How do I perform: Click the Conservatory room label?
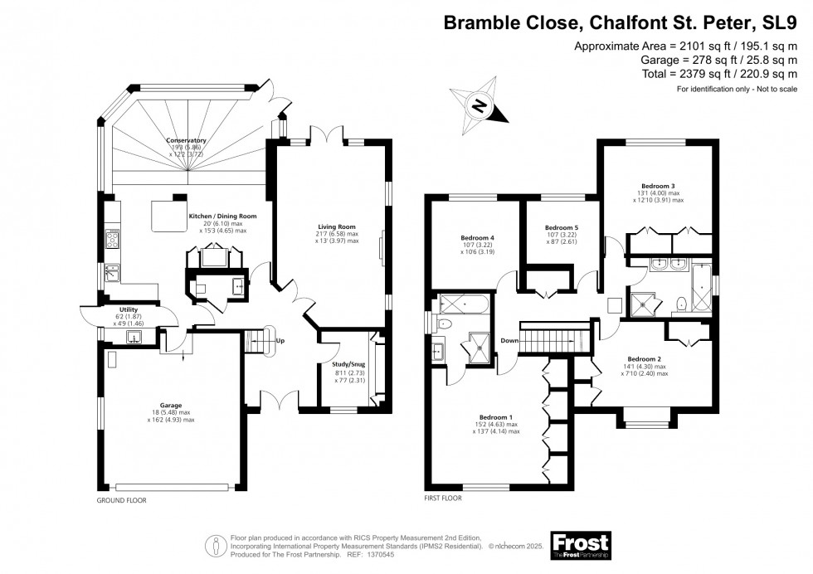click(185, 140)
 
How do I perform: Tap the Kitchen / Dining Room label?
click(222, 216)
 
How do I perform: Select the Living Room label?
click(336, 226)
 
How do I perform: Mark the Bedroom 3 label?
click(658, 185)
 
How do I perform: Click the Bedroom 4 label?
click(477, 238)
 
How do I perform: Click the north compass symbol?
click(478, 105)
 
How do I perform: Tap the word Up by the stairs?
click(280, 341)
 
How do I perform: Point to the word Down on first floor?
click(509, 341)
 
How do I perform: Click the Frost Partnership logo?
click(580, 544)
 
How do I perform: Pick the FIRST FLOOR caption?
click(442, 502)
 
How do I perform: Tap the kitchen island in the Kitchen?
click(164, 216)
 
